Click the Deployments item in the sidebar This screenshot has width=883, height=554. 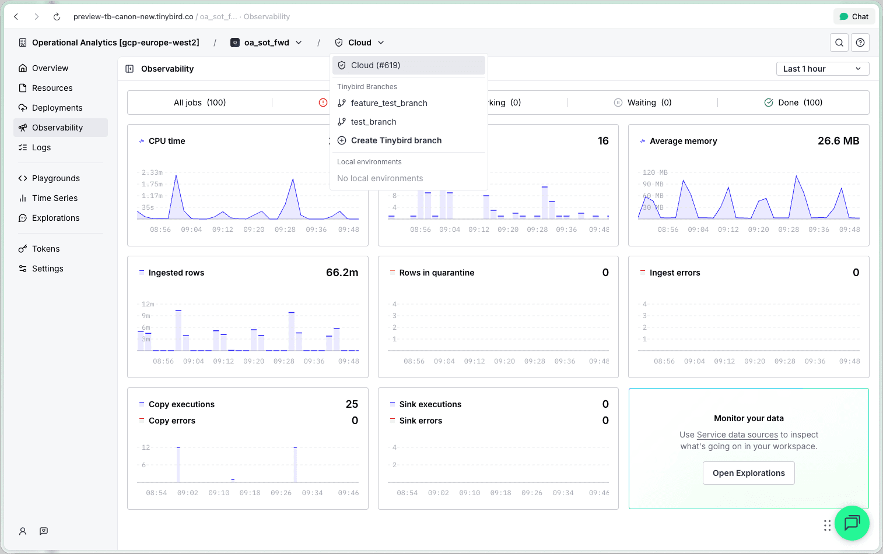click(57, 108)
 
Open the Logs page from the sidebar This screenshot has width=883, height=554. click(41, 147)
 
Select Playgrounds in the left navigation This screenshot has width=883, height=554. click(55, 178)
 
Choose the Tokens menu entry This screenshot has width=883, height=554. click(45, 249)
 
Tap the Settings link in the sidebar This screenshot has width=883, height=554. click(47, 269)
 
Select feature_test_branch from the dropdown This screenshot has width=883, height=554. click(389, 103)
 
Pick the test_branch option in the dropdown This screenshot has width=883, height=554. click(373, 122)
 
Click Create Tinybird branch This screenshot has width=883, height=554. click(396, 140)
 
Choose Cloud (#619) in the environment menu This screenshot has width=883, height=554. click(376, 65)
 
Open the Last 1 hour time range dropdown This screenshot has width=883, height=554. click(822, 69)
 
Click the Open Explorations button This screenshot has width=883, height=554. click(748, 473)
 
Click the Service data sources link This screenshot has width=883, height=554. click(737, 435)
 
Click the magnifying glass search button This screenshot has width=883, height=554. click(839, 43)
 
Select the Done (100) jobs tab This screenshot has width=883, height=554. click(793, 103)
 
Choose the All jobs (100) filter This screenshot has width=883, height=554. click(199, 103)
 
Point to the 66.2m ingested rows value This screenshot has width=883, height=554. click(342, 273)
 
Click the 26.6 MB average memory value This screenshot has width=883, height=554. click(838, 141)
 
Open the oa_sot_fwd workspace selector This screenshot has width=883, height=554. click(267, 43)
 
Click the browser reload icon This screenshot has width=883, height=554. click(57, 17)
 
